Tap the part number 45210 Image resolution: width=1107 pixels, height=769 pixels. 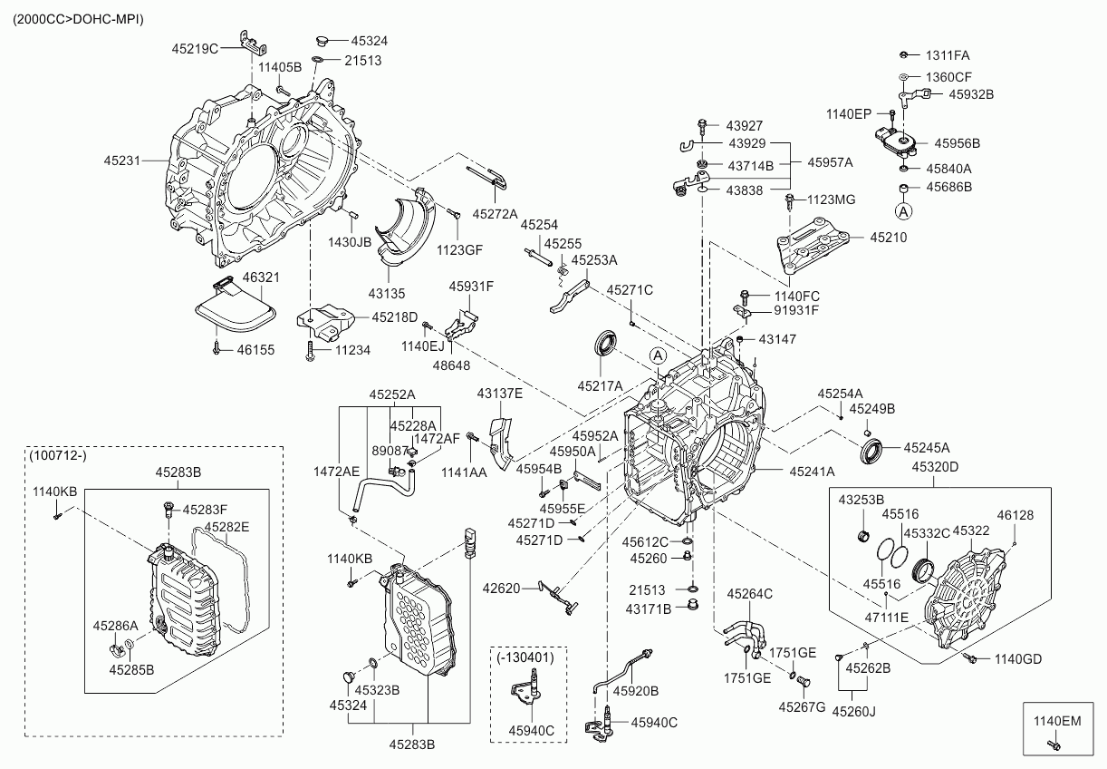pos(889,238)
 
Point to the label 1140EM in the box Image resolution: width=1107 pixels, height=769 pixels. pos(1058,722)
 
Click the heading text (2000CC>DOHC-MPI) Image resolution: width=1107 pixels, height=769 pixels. pos(78,18)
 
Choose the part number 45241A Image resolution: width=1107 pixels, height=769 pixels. pos(812,472)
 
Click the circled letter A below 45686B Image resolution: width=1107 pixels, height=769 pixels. pos(903,211)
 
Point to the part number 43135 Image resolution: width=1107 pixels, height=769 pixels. pos(386,294)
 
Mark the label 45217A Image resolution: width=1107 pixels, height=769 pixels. pos(600,386)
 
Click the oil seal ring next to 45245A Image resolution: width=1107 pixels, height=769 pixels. pos(871,450)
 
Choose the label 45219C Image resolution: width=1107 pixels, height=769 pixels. pos(195,48)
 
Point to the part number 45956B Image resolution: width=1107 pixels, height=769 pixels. pos(958,143)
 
